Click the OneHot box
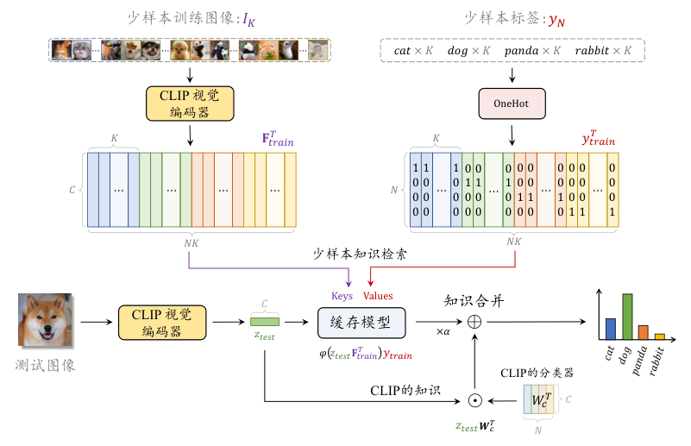tap(514, 104)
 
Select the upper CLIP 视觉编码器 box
tap(190, 104)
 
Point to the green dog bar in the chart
tap(627, 317)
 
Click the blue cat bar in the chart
tap(611, 330)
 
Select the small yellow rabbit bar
tap(659, 336)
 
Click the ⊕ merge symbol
tap(474, 322)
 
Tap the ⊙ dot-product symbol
tap(474, 399)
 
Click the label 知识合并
tap(473, 300)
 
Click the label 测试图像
tap(46, 365)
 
